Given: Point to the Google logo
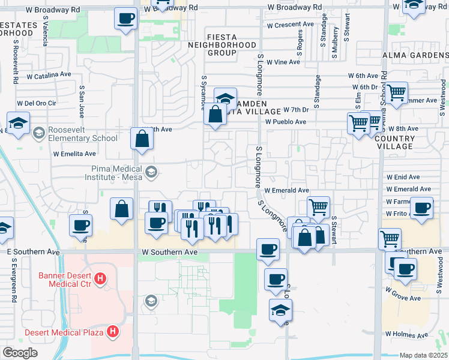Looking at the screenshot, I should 20,353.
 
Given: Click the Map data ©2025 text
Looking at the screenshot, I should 423,355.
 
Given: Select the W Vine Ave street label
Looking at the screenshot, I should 283,62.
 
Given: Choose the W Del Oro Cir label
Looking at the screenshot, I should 36,103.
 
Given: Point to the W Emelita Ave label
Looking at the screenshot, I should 75,154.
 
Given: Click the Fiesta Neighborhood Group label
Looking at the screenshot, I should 221,45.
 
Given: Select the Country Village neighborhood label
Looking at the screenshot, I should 395,142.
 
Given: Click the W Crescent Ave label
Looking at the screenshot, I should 291,25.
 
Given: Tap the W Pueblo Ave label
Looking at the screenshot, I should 286,122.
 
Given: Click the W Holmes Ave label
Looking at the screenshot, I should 407,334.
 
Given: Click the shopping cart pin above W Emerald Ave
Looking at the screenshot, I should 318,208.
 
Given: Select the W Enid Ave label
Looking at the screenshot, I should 403,178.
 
